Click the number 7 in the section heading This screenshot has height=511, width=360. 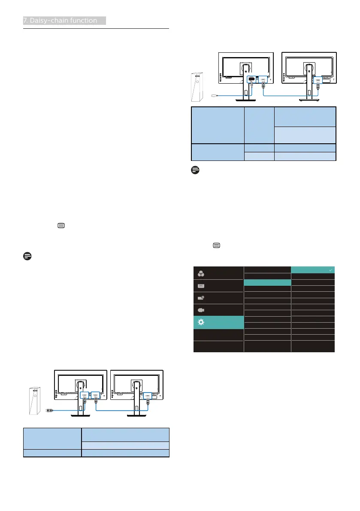point(25,21)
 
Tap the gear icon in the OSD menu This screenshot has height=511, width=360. point(201,322)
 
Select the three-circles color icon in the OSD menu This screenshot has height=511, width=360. point(201,273)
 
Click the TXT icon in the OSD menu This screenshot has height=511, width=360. point(201,285)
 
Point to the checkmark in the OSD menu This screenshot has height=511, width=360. point(330,269)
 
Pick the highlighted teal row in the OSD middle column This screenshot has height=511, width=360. point(267,283)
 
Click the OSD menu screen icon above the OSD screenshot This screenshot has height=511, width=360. point(216,245)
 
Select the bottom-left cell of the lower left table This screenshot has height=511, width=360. point(52,453)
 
